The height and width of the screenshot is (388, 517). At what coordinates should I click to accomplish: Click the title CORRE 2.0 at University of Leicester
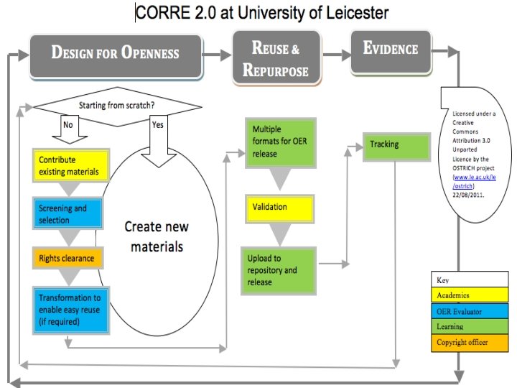(262, 13)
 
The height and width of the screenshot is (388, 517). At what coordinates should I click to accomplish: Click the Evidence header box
(391, 49)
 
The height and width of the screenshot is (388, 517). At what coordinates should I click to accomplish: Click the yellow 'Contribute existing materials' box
(70, 165)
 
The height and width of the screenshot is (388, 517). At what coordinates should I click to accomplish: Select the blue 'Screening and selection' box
(70, 213)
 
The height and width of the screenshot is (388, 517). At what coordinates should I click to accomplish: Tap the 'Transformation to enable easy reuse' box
(71, 309)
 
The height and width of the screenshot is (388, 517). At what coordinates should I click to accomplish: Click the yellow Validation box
(280, 208)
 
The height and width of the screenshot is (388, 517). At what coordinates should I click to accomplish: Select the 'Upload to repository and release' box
(279, 269)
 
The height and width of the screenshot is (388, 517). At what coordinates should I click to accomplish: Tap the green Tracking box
(391, 144)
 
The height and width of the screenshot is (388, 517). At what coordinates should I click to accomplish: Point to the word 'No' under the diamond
(67, 124)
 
